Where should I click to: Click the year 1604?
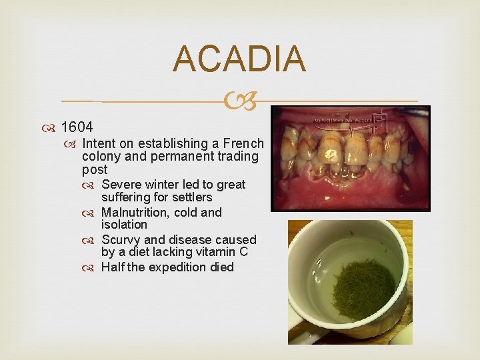click(x=77, y=127)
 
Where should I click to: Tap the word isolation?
click(x=124, y=225)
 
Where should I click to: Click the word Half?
click(x=113, y=267)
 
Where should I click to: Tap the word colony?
click(x=100, y=157)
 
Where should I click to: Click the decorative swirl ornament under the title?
click(x=239, y=101)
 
